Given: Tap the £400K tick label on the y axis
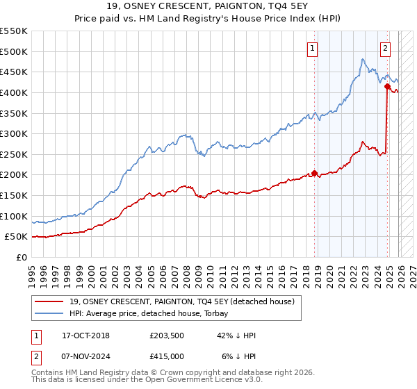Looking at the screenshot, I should tap(14, 92).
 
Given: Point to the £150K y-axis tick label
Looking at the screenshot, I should tap(14, 196).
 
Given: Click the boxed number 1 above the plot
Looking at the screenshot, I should tap(313, 49).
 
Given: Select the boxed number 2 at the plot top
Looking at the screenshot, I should tap(385, 49).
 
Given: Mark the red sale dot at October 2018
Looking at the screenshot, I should tap(315, 173).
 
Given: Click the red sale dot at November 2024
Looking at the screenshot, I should tap(388, 86).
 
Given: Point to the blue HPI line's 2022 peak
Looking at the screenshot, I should tap(363, 60).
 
